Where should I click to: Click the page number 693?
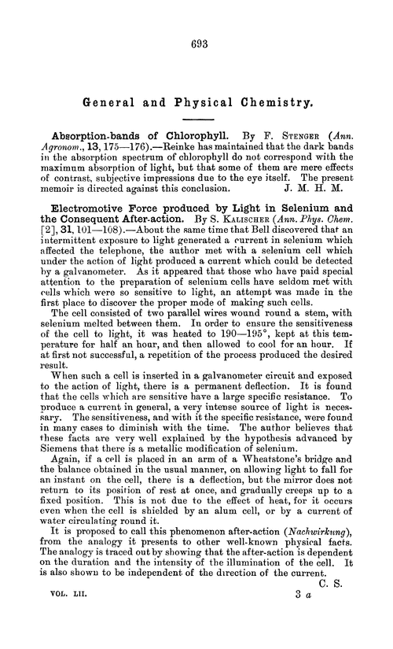pos(196,46)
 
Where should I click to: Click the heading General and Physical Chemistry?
pos(196,101)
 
